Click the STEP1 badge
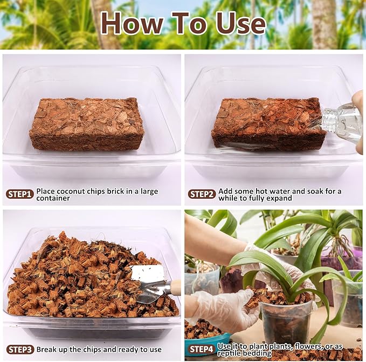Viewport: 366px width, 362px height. coord(20,194)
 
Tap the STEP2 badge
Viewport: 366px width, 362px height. coord(202,194)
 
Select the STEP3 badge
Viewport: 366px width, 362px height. coord(20,350)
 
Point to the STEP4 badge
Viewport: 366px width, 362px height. coord(202,349)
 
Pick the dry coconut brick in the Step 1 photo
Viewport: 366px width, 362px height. coord(86,123)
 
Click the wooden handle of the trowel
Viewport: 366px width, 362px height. coord(175,287)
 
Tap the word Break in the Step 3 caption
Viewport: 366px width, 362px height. coord(47,350)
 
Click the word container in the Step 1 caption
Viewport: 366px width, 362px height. coord(53,198)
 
